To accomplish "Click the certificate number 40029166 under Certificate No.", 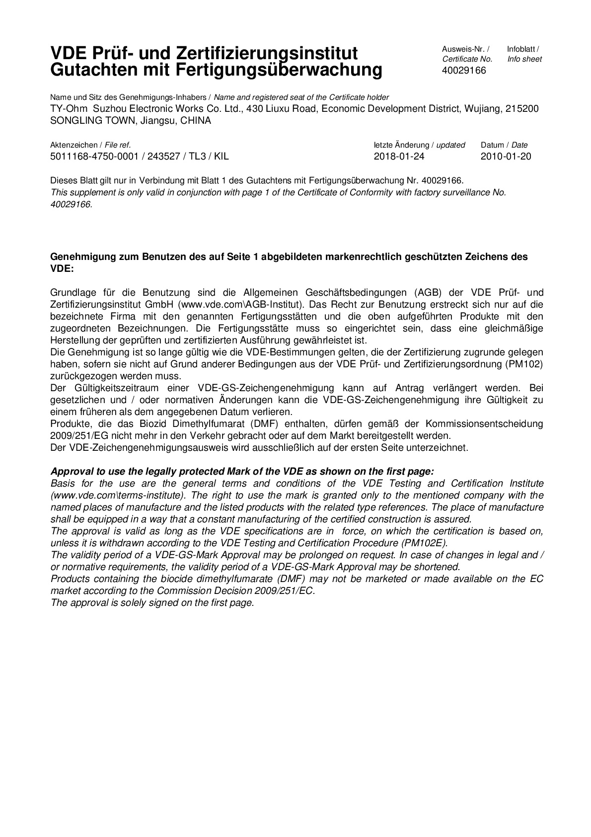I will click(x=464, y=71).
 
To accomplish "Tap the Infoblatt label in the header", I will click(x=522, y=49).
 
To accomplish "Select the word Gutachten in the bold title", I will click(x=89, y=70).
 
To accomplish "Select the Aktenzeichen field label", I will click(x=74, y=145).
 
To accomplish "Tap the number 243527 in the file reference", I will click(x=165, y=157).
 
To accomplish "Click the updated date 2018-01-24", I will click(x=399, y=157).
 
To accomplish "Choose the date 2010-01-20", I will click(x=506, y=157).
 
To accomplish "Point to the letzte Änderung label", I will click(x=401, y=145).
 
